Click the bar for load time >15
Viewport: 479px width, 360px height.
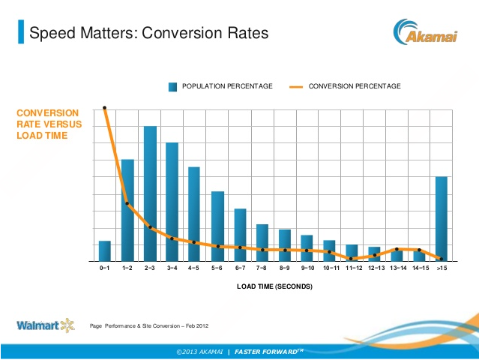(442, 218)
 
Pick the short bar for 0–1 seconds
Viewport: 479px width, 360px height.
(105, 251)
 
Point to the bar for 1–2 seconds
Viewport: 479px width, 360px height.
(127, 210)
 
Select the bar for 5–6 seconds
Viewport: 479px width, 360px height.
(217, 226)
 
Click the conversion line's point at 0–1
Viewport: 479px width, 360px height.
(105, 108)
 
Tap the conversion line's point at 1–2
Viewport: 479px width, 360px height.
(127, 203)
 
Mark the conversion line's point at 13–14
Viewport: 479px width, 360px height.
(397, 249)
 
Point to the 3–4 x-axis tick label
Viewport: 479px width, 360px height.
(172, 268)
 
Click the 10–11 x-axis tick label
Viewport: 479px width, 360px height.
(331, 268)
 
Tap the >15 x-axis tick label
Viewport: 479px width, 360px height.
(442, 268)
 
